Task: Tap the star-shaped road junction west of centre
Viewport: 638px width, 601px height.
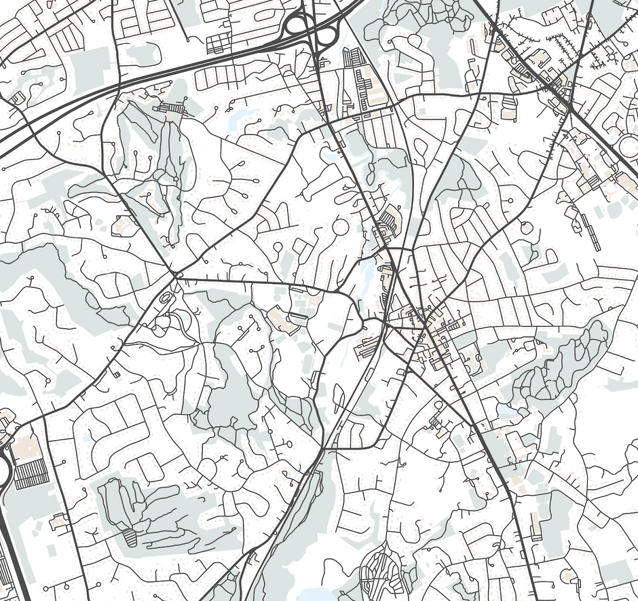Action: coord(175,275)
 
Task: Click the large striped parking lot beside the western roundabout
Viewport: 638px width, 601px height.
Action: coord(31,474)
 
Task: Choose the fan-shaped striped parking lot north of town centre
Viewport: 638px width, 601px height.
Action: coord(389,220)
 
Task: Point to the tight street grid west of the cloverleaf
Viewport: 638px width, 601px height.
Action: coord(219,43)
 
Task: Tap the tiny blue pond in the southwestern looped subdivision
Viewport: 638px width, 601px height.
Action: coord(86,438)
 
